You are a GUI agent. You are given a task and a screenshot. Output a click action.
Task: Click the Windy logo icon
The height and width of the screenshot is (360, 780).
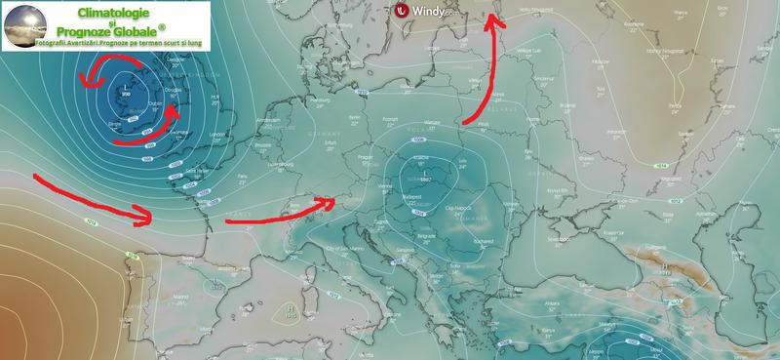click(402, 11)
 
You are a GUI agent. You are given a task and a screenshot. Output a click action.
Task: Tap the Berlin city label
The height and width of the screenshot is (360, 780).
click(354, 115)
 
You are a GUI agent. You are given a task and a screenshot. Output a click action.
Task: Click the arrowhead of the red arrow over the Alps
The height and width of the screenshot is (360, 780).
click(334, 202)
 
